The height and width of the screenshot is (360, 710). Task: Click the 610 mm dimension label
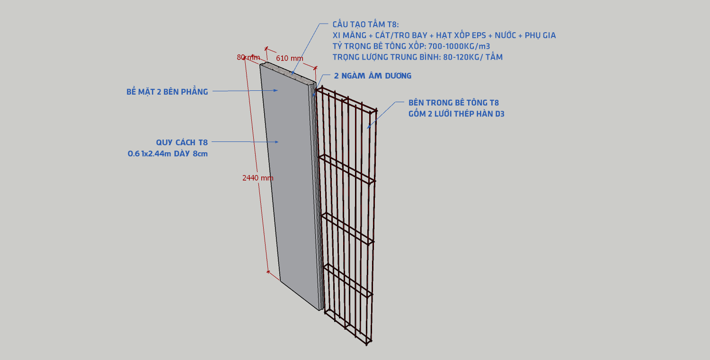[x=289, y=58]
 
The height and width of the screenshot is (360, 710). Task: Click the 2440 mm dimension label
[x=257, y=178]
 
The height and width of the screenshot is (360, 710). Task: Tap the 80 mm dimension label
[x=248, y=57]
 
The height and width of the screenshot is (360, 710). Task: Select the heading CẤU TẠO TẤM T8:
[x=365, y=25]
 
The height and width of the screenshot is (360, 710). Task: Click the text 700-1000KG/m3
[x=459, y=46]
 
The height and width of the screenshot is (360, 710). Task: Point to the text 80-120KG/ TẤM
[x=473, y=57]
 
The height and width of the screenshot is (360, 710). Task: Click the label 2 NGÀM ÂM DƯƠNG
[x=373, y=76]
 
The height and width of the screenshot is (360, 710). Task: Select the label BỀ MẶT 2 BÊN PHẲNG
[x=167, y=92]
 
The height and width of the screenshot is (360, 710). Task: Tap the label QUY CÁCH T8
[x=182, y=142]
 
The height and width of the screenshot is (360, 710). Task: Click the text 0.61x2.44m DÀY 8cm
[x=168, y=154]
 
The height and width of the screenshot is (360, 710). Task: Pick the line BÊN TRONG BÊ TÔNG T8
[x=453, y=103]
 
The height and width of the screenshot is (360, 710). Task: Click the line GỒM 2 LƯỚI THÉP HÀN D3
[x=456, y=114]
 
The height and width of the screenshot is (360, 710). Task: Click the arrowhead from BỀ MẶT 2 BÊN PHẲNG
[x=276, y=90]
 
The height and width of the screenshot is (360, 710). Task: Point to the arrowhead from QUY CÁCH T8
[x=276, y=142]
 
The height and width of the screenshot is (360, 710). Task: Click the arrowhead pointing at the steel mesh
[x=369, y=127]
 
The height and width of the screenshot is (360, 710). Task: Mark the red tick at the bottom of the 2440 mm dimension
[x=268, y=272]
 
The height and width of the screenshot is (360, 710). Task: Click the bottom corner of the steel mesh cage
[x=367, y=345]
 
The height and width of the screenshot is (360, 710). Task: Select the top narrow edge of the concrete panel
[x=288, y=72]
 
